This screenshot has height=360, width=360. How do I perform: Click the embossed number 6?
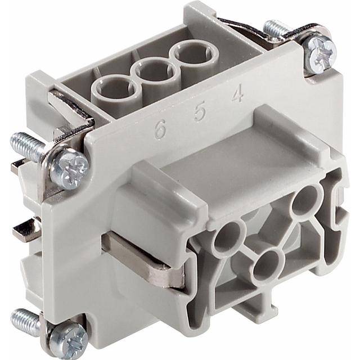160,129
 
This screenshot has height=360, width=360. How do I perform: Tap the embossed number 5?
199,112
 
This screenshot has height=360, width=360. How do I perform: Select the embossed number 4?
237,94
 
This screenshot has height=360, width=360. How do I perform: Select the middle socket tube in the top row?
154,74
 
